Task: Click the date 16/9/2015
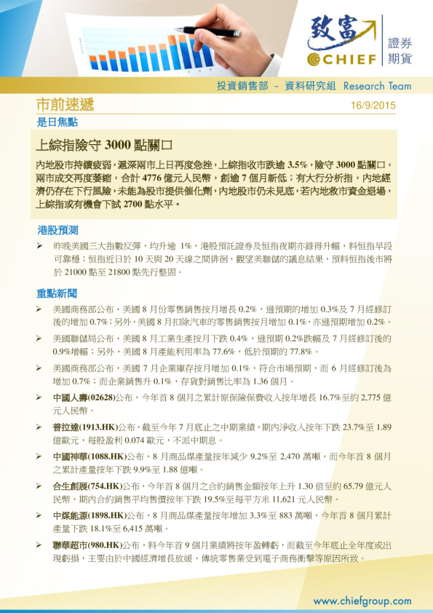pyautogui.click(x=373, y=106)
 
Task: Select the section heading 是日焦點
pyautogui.click(x=57, y=122)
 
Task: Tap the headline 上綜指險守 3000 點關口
pyautogui.click(x=103, y=143)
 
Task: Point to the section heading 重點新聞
pyautogui.click(x=57, y=294)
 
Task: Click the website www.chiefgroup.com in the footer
pyautogui.click(x=362, y=601)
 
